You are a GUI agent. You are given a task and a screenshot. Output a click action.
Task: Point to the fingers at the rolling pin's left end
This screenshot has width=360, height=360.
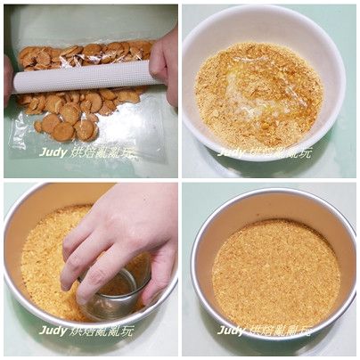click(8, 80)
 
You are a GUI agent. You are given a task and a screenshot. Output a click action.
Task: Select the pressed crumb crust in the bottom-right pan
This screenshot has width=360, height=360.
click(274, 272)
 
